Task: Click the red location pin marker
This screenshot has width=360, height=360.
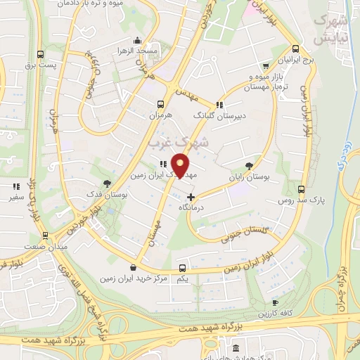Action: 181,165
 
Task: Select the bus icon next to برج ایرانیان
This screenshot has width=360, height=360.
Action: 295,50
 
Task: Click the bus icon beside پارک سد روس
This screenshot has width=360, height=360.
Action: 301,190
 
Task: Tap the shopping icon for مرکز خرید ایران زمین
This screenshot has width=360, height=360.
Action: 134,267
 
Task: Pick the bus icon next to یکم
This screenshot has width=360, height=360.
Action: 183,268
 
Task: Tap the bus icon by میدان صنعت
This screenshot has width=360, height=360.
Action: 45,235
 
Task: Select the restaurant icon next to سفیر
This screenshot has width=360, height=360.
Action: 15,186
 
